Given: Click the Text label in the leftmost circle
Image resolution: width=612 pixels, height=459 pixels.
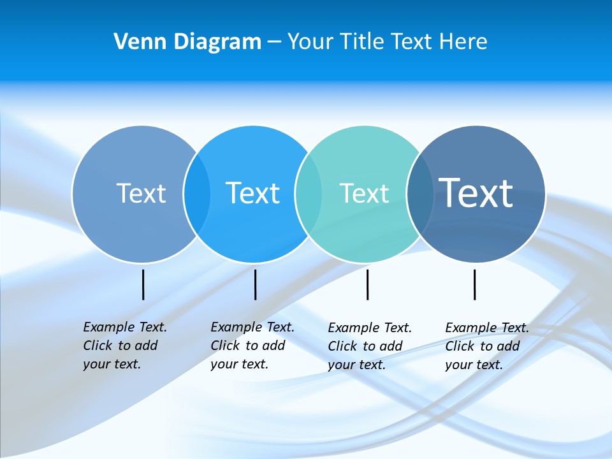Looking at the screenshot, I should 141,193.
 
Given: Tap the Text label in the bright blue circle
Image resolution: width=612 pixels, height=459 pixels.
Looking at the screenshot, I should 252,193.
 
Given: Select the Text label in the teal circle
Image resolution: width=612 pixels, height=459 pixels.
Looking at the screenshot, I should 364,193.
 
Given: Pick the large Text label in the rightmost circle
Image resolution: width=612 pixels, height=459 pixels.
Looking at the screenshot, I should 476,193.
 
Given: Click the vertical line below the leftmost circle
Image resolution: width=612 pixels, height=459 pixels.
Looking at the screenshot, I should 143,284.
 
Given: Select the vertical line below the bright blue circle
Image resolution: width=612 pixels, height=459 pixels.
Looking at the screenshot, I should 255,284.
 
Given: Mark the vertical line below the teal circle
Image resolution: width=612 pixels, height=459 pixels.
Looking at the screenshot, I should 367,284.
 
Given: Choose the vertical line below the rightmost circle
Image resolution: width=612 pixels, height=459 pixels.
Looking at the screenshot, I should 474,284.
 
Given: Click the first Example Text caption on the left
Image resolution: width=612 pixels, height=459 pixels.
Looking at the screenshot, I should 124,346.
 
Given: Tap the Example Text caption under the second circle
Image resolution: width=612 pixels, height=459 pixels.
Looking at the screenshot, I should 252,346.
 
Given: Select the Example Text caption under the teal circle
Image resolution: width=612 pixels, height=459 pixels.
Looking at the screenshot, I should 369,346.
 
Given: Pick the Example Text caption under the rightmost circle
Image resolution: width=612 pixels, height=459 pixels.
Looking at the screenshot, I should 486,346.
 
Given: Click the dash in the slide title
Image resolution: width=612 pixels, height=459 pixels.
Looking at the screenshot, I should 274,42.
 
